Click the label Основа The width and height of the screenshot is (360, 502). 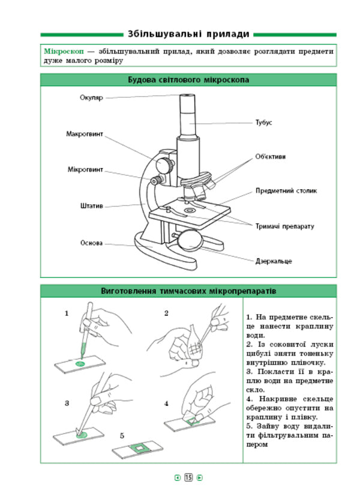pyautogui.click(x=91, y=243)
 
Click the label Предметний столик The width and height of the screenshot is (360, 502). pyautogui.click(x=286, y=191)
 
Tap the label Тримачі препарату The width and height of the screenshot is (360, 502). pyautogui.click(x=284, y=226)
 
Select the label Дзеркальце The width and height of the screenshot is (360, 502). pyautogui.click(x=274, y=262)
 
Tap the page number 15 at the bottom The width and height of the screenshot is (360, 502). pyautogui.click(x=188, y=477)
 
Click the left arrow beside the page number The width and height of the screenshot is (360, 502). pyautogui.click(x=177, y=477)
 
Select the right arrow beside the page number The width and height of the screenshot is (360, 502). pyautogui.click(x=200, y=477)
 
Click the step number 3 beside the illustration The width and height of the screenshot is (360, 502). pyautogui.click(x=67, y=403)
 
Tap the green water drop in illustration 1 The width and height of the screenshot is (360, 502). pyautogui.click(x=79, y=362)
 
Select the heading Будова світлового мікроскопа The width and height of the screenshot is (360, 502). pyautogui.click(x=188, y=80)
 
